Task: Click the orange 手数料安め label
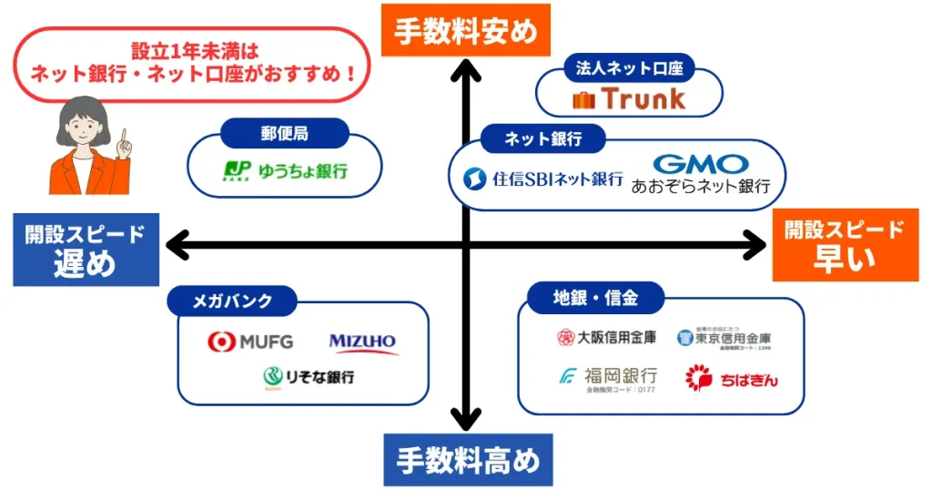(x=465, y=29)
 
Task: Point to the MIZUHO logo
(x=363, y=342)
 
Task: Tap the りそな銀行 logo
(x=309, y=376)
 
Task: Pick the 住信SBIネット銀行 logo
(x=543, y=179)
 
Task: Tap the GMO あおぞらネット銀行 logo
(x=701, y=174)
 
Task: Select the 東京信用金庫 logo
(x=724, y=339)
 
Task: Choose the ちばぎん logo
(x=731, y=377)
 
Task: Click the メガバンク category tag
(x=232, y=301)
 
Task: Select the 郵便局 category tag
(x=284, y=134)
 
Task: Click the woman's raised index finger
(x=125, y=138)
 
